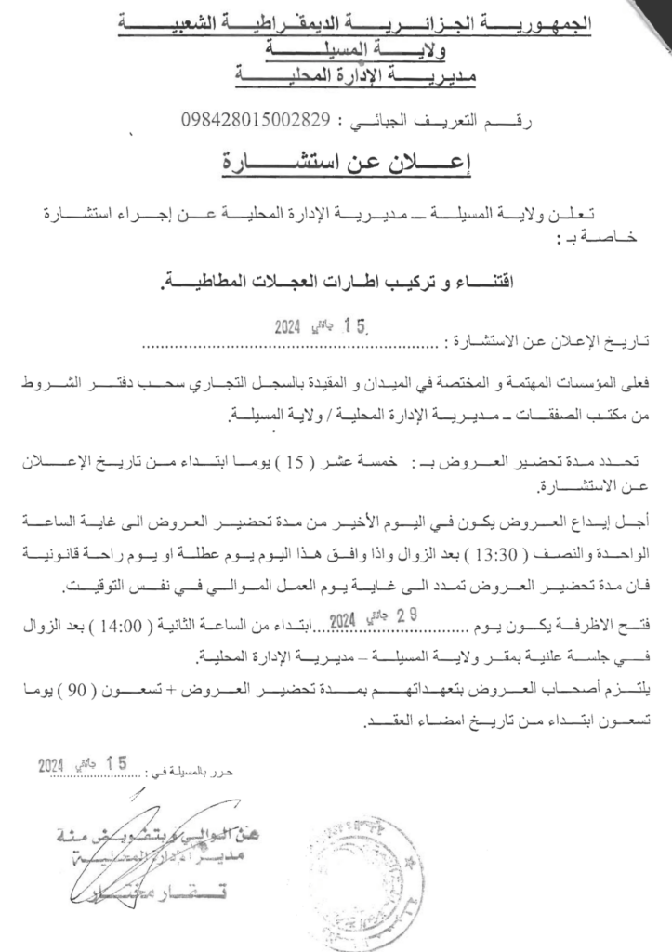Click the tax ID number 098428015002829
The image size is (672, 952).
coord(256,122)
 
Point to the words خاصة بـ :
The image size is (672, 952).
coord(576,239)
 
